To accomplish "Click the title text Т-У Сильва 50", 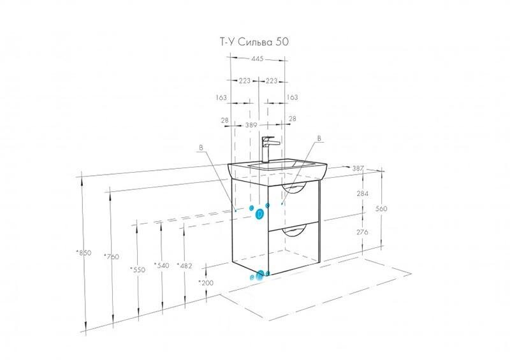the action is click(x=254, y=42).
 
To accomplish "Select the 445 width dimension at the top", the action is click(x=257, y=59).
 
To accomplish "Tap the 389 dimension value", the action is click(x=251, y=125).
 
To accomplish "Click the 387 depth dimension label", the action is click(x=358, y=168).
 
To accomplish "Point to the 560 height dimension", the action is click(x=381, y=208).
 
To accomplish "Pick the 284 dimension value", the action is click(x=363, y=194).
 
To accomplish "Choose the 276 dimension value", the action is click(x=362, y=232).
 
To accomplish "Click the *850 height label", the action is click(x=84, y=253).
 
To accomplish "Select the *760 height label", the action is click(x=111, y=257).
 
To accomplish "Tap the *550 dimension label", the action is click(x=137, y=270).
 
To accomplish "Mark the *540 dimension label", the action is click(x=161, y=265).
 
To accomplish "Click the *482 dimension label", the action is click(x=184, y=266).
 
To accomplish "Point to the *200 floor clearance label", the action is click(x=206, y=283).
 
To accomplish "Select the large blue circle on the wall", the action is click(x=260, y=214).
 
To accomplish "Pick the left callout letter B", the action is click(x=201, y=148).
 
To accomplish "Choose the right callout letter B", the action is click(x=319, y=138).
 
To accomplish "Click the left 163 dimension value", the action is click(x=221, y=97).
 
